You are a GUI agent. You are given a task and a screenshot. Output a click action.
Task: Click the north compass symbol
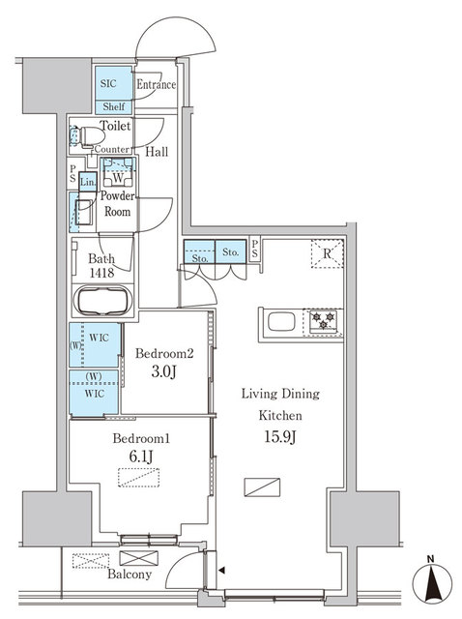(431, 584)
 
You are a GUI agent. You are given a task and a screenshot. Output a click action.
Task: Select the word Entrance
(156, 84)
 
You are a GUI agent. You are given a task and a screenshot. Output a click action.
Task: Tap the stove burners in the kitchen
(323, 322)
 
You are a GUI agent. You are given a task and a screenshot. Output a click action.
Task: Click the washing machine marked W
(117, 176)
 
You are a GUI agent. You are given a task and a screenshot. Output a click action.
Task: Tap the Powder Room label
(117, 203)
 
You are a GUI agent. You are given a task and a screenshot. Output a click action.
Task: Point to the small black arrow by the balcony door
(223, 571)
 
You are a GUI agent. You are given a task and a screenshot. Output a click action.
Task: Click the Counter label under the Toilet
(112, 151)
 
